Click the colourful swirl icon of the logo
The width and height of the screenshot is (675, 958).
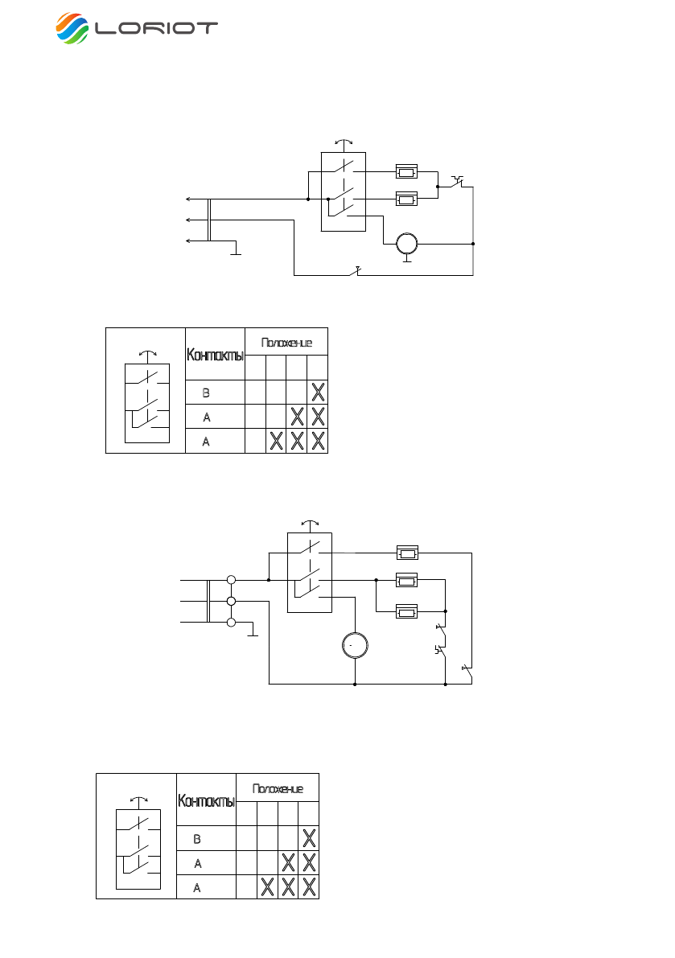(73, 28)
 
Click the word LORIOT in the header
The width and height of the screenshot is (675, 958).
(156, 28)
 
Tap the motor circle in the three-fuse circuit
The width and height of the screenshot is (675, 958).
(355, 645)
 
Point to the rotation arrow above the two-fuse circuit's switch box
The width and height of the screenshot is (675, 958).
(344, 142)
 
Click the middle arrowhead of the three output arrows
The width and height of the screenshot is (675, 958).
(187, 219)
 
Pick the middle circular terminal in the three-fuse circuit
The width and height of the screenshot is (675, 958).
(232, 601)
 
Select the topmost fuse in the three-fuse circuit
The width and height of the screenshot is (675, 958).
(407, 553)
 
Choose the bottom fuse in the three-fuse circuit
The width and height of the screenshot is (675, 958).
(407, 611)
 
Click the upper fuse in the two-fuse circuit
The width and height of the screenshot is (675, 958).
(407, 171)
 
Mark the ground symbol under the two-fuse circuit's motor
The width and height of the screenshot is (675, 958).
(408, 259)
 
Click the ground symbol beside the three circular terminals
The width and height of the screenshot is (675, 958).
(253, 633)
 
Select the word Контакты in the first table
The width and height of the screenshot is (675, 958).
(215, 354)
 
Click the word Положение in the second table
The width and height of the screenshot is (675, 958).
(278, 787)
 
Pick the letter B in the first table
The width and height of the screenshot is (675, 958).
(206, 393)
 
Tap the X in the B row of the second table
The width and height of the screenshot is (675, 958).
(309, 838)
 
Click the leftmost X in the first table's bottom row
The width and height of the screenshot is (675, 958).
(276, 441)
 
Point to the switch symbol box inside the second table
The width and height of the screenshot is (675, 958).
(138, 849)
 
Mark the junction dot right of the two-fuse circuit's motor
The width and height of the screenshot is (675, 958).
(473, 243)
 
